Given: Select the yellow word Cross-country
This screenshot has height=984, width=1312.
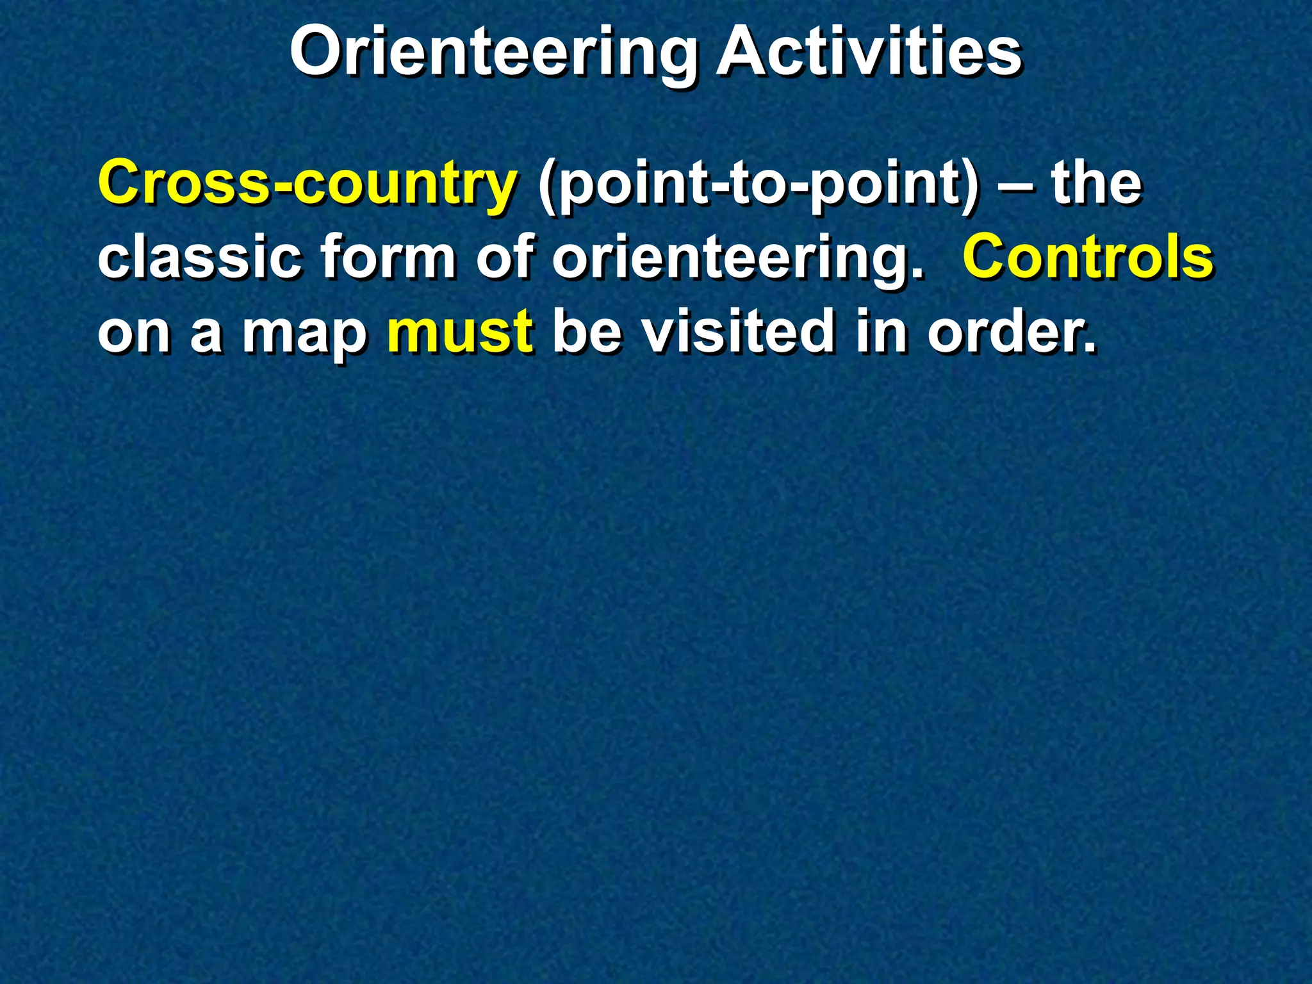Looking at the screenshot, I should tap(307, 184).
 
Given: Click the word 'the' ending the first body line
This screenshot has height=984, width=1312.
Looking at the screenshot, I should tap(1096, 184).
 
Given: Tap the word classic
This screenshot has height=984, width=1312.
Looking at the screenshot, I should tap(199, 258).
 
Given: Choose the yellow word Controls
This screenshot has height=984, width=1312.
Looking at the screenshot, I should tap(1087, 258).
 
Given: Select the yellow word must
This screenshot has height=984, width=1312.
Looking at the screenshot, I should tap(460, 332).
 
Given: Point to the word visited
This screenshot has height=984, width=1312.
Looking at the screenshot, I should tap(739, 332).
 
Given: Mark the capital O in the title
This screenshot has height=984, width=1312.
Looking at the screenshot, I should tap(318, 53).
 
